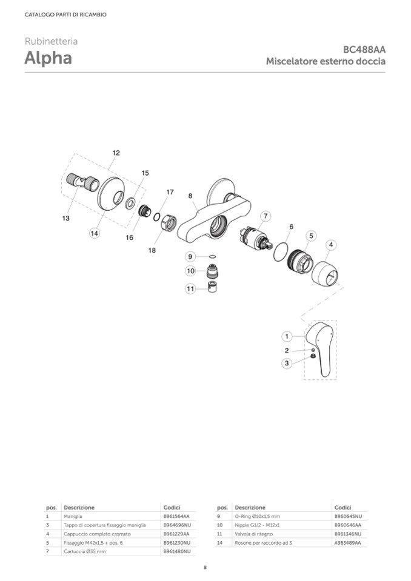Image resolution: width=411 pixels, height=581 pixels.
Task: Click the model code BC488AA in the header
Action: pyautogui.click(x=364, y=50)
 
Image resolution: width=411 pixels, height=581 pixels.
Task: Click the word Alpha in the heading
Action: pyautogui.click(x=48, y=58)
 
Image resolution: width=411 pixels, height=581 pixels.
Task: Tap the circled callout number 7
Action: pyautogui.click(x=266, y=216)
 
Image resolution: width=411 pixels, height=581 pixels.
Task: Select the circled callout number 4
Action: pyautogui.click(x=330, y=245)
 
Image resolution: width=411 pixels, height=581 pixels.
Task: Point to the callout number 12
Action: pyautogui.click(x=116, y=153)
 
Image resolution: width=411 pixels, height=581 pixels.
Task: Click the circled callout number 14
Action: pyautogui.click(x=95, y=233)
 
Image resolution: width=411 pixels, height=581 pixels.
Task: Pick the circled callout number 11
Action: pyautogui.click(x=190, y=288)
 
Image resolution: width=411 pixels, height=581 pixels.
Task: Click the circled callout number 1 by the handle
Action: pyautogui.click(x=287, y=336)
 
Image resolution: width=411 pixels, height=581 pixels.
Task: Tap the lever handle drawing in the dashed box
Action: pyautogui.click(x=320, y=348)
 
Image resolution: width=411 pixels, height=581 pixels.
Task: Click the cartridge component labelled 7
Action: pyautogui.click(x=256, y=239)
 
